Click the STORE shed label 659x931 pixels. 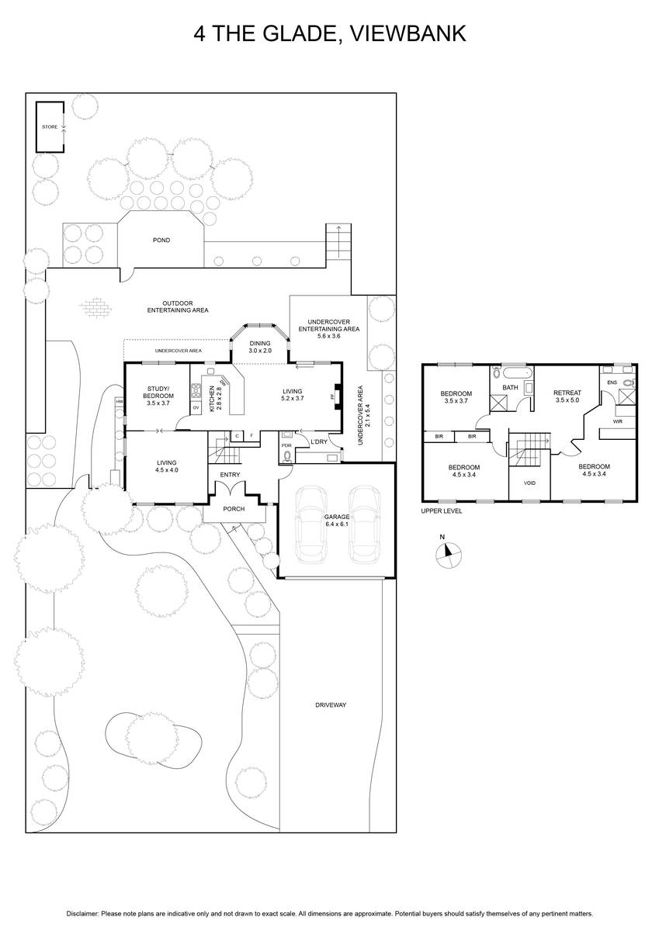click(x=50, y=126)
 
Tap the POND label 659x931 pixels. click(x=161, y=240)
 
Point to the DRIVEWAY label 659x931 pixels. click(x=331, y=705)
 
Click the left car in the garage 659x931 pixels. click(x=310, y=525)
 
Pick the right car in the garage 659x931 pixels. click(x=364, y=525)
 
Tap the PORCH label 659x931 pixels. click(x=234, y=509)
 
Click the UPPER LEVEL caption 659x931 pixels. click(x=442, y=510)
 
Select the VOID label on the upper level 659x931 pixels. click(x=529, y=483)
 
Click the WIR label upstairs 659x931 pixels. click(x=617, y=421)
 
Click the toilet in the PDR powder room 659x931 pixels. click(x=287, y=457)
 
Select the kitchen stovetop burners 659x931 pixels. click(x=196, y=391)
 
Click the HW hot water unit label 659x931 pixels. click(x=120, y=402)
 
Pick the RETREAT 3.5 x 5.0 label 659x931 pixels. click(x=567, y=396)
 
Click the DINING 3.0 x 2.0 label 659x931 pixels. click(x=260, y=347)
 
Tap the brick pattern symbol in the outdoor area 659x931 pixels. click(x=96, y=307)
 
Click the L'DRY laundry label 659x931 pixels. click(x=319, y=441)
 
